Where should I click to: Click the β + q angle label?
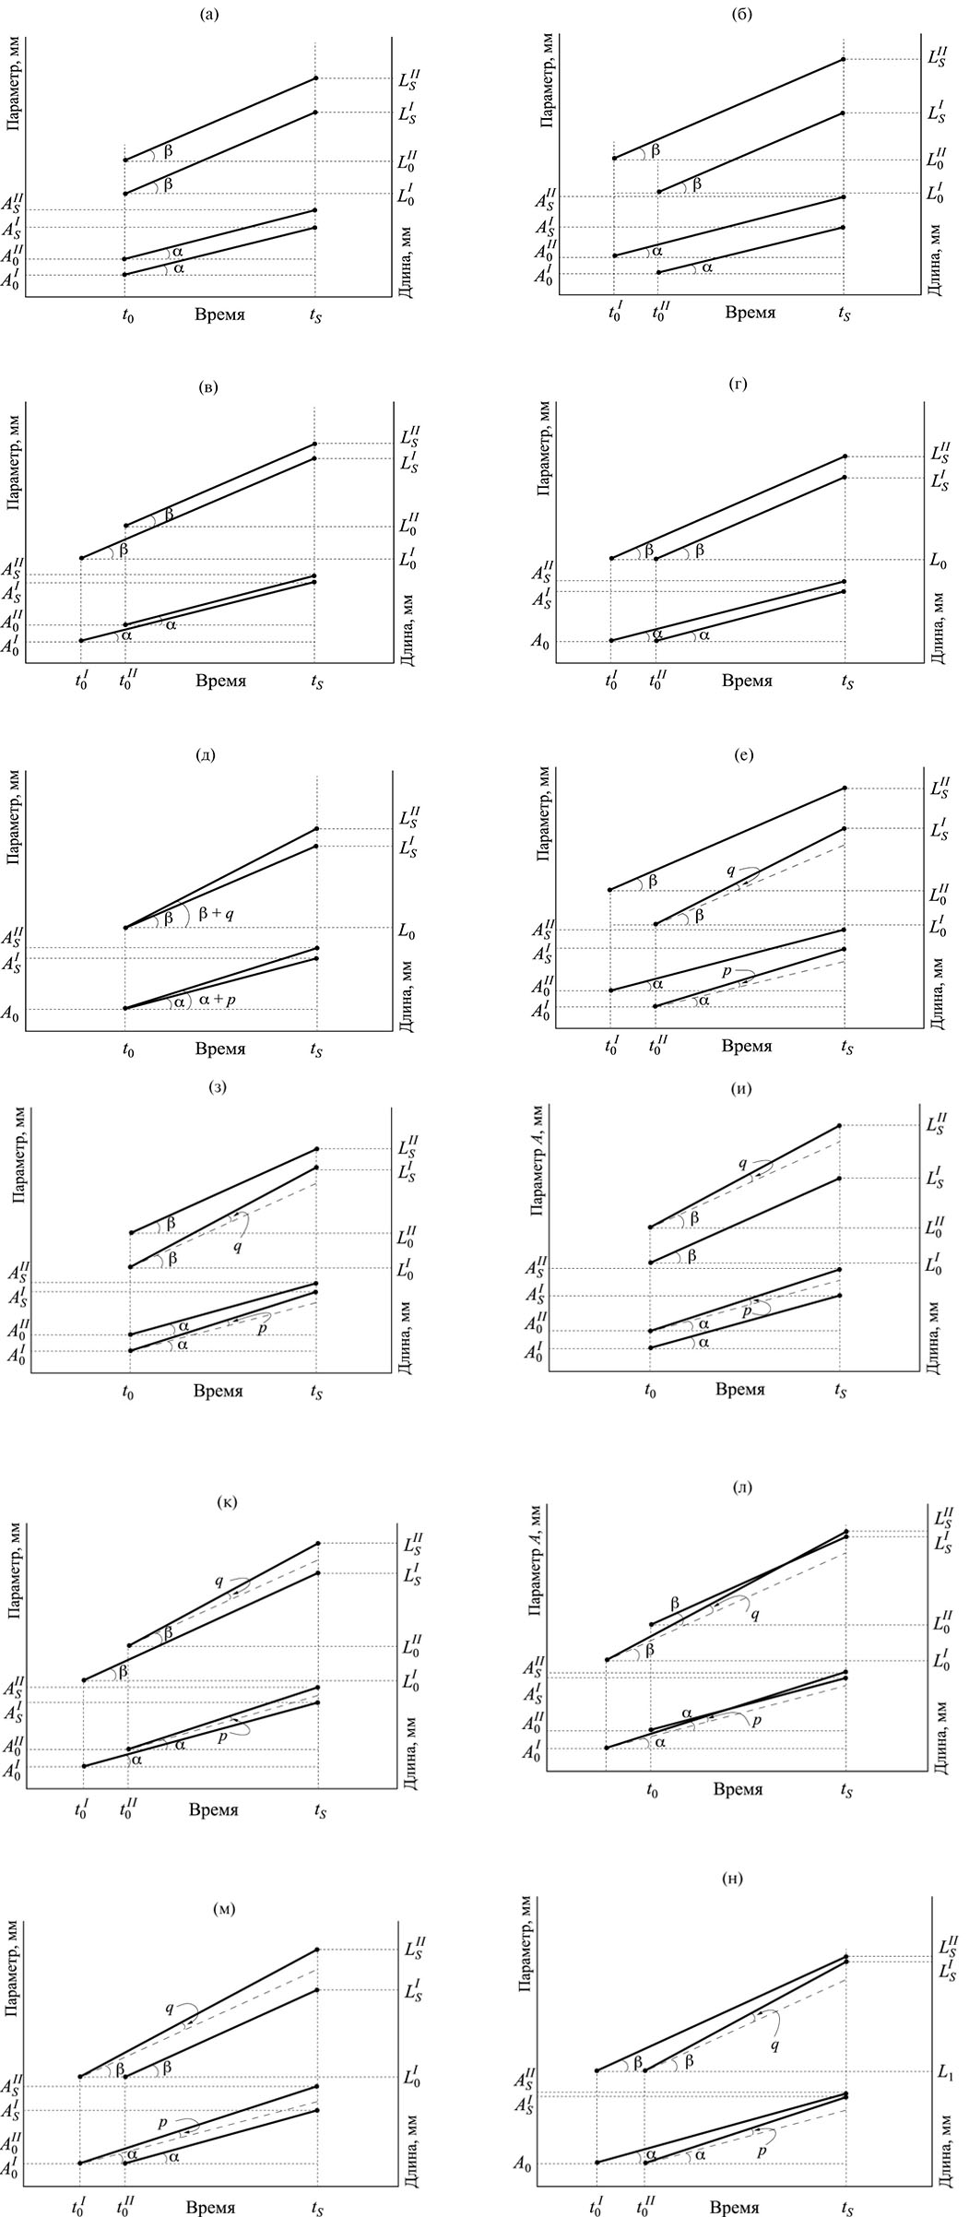(215, 912)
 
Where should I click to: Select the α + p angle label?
(218, 1001)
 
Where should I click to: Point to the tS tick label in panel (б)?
(845, 314)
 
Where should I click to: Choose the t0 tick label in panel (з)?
(128, 1391)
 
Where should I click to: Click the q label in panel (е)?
(730, 870)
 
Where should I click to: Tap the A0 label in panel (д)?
(10, 1015)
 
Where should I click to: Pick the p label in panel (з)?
(262, 1329)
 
